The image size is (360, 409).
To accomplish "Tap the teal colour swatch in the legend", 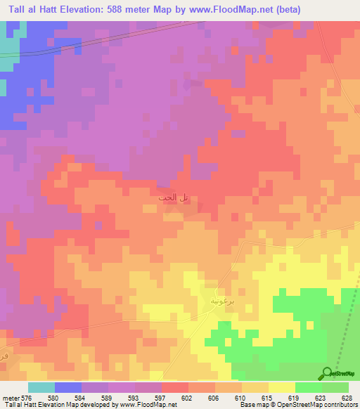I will pyautogui.click(x=41, y=387).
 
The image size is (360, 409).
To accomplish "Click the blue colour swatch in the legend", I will pyautogui.click(x=68, y=387).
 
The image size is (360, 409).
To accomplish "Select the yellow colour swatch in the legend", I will pyautogui.click(x=282, y=387).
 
